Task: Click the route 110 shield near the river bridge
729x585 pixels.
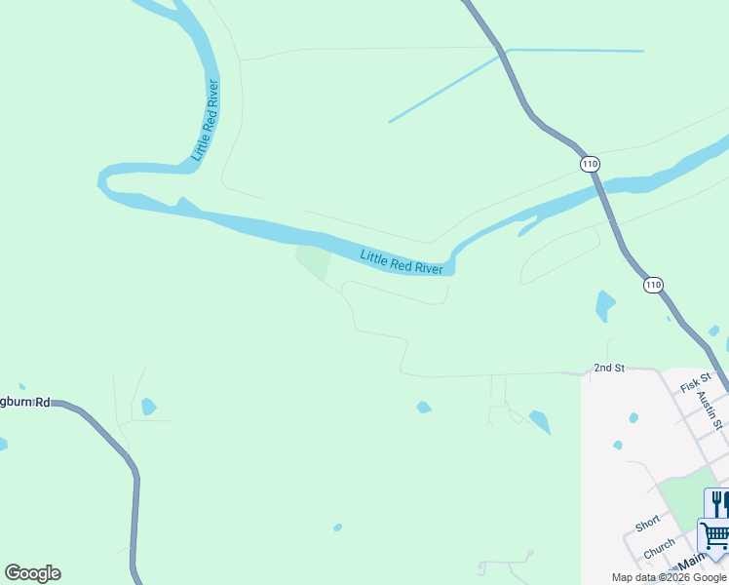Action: click(x=589, y=164)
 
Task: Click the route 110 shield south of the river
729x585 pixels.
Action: click(x=653, y=285)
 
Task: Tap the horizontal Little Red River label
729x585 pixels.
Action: click(x=402, y=261)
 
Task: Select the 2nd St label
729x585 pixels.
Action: click(x=608, y=368)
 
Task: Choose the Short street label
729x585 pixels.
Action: click(x=647, y=524)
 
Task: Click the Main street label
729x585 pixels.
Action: click(x=691, y=564)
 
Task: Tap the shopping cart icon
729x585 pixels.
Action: click(x=714, y=535)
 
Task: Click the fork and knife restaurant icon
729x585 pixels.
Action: click(x=717, y=503)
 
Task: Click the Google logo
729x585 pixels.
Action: click(x=32, y=573)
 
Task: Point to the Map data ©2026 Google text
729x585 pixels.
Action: click(x=669, y=577)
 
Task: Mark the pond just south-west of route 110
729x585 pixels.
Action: click(x=605, y=306)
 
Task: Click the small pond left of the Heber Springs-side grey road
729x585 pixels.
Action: click(x=148, y=406)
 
